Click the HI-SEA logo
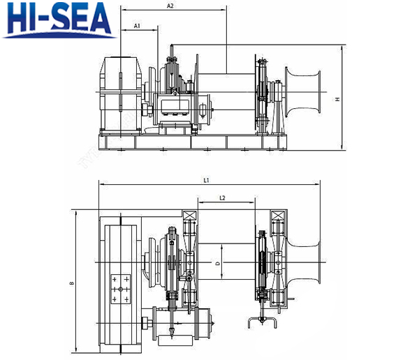tap(59, 20)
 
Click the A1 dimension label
tap(137, 26)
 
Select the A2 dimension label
tap(170, 6)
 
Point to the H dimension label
tap(337, 99)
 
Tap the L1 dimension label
tap(206, 181)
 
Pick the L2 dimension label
tap(222, 198)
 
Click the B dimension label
tap(72, 284)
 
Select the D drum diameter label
tap(218, 263)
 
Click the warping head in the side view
tap(302, 92)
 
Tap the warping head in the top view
tap(304, 262)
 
